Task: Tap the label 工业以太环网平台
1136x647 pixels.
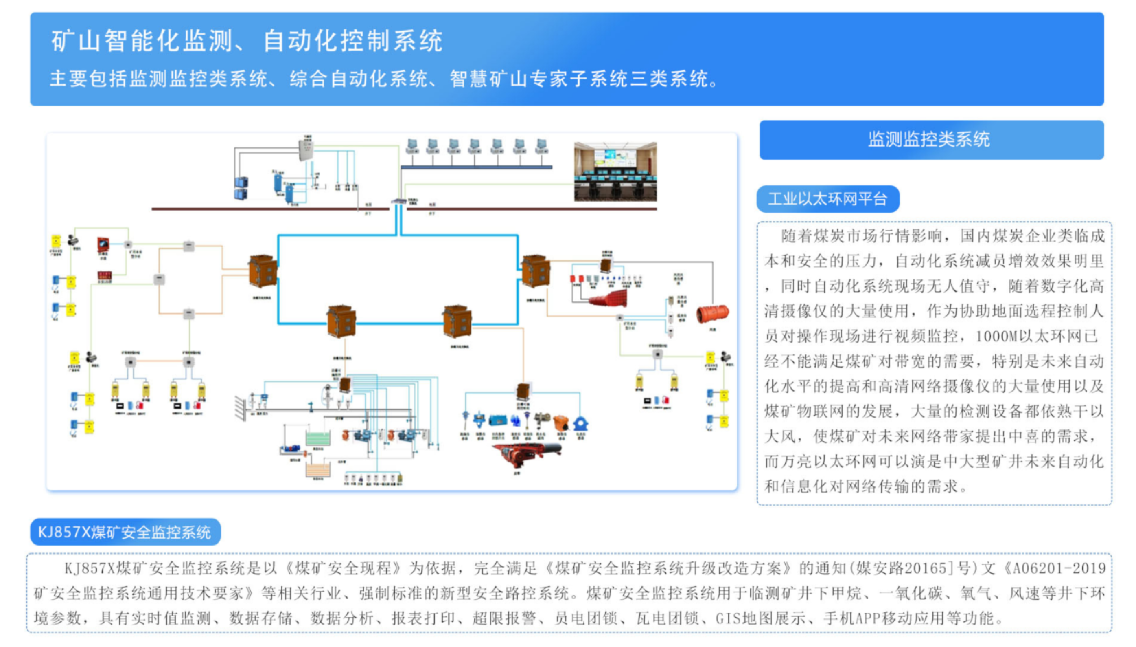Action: pos(827,199)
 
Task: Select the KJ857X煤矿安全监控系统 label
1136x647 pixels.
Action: pos(125,532)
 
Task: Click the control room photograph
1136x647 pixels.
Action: pos(615,172)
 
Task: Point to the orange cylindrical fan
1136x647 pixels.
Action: pos(712,314)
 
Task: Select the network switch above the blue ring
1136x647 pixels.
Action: pos(398,201)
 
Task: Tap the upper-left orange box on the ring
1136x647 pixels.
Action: pos(263,271)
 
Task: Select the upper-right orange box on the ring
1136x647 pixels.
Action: pos(535,271)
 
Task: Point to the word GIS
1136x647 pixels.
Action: pos(728,618)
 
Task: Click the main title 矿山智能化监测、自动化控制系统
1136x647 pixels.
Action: pos(247,41)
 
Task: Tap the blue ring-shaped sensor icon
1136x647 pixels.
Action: pos(581,423)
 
